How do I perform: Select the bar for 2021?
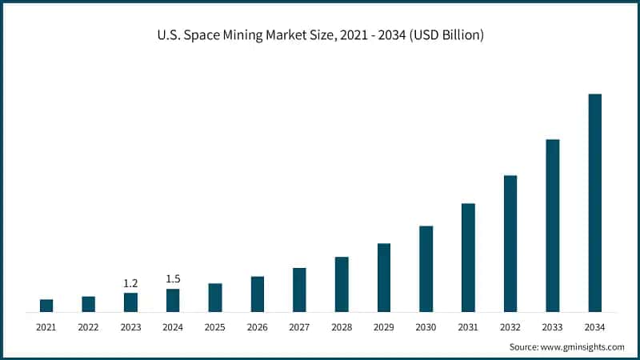click(46, 306)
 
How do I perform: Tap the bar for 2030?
click(426, 269)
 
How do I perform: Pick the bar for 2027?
click(299, 290)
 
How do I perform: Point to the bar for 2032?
click(510, 243)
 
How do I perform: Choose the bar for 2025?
click(215, 298)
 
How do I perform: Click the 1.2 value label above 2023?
click(130, 283)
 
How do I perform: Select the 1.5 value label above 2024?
click(173, 278)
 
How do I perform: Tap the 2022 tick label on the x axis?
click(88, 327)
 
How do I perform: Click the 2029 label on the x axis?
click(384, 327)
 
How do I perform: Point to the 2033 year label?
click(553, 327)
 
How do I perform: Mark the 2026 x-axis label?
click(257, 327)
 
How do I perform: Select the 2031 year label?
click(468, 327)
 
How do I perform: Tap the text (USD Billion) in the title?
click(446, 35)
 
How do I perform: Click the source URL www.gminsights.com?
click(582, 346)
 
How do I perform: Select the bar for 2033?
click(553, 226)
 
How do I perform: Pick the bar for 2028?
click(342, 284)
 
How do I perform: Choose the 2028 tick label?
click(342, 327)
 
